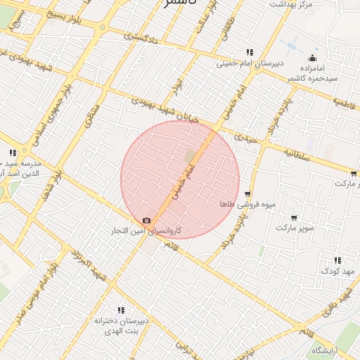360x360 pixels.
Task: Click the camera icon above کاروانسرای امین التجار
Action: (146, 220)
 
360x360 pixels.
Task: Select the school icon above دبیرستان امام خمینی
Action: (250, 52)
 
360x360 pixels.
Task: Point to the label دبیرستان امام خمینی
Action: (250, 63)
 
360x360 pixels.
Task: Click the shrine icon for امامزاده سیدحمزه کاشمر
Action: (313, 58)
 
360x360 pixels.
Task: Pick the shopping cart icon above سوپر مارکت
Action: (293, 218)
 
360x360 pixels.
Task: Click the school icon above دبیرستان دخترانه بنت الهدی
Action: (121, 309)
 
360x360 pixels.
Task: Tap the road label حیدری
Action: (248, 139)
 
